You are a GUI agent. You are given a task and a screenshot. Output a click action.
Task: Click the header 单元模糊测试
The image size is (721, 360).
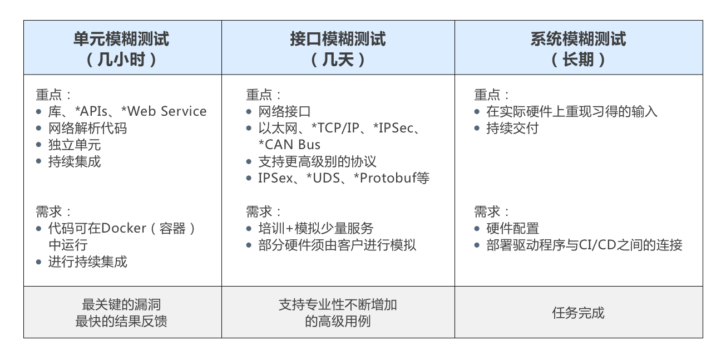pyautogui.click(x=121, y=38)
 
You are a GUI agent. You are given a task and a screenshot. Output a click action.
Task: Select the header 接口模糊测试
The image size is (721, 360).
pyautogui.click(x=338, y=38)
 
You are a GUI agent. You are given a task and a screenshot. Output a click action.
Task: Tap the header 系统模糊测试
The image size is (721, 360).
pyautogui.click(x=579, y=38)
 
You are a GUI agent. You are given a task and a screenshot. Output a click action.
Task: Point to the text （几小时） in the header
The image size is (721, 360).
pyautogui.click(x=121, y=60)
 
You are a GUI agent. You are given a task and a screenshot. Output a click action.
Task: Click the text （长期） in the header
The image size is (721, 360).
pyautogui.click(x=579, y=60)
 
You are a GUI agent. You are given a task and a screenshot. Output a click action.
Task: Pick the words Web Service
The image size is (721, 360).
pyautogui.click(x=167, y=111)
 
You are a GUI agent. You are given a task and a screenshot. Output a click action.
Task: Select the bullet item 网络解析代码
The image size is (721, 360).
pyautogui.click(x=87, y=128)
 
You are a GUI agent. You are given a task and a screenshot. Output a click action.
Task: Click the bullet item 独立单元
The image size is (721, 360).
pyautogui.click(x=75, y=145)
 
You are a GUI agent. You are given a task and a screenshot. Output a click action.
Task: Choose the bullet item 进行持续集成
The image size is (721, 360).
pyautogui.click(x=87, y=262)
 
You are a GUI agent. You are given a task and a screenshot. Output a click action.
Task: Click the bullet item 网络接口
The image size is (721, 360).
pyautogui.click(x=284, y=111)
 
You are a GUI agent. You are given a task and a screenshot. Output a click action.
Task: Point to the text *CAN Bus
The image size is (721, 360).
pyautogui.click(x=289, y=145)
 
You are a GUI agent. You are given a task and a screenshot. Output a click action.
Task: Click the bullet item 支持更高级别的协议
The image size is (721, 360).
pyautogui.click(x=317, y=162)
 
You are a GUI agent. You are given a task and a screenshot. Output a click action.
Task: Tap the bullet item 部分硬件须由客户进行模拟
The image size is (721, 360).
pyautogui.click(x=337, y=245)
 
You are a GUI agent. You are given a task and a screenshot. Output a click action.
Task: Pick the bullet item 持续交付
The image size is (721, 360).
pyautogui.click(x=512, y=128)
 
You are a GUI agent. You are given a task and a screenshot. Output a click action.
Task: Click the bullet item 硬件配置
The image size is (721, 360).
pyautogui.click(x=512, y=228)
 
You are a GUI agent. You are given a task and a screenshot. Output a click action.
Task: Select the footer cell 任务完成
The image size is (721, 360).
pyautogui.click(x=579, y=313)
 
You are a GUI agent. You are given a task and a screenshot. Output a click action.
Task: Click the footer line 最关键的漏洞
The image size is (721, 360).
pyautogui.click(x=121, y=304)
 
